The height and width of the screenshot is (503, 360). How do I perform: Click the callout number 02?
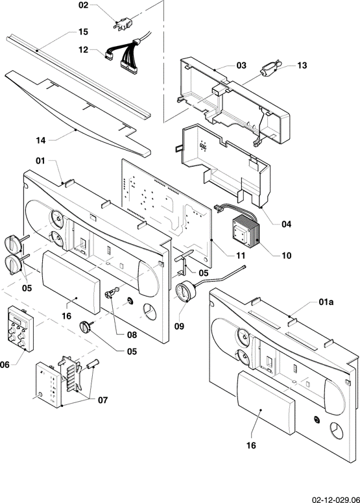click(x=83, y=5)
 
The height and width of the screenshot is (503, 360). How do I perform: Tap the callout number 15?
click(x=83, y=32)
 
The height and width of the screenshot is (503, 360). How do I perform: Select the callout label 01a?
click(x=326, y=302)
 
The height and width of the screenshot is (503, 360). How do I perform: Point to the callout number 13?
click(x=302, y=66)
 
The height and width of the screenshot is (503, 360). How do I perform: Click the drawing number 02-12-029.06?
click(x=335, y=500)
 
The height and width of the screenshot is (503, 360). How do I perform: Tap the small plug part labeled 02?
click(x=123, y=24)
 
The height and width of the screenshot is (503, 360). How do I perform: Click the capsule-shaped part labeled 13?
click(x=270, y=69)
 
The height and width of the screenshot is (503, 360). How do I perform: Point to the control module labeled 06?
click(x=21, y=328)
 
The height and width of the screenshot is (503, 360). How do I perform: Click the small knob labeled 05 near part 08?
click(x=86, y=326)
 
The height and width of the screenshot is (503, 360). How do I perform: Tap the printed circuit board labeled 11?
click(x=166, y=213)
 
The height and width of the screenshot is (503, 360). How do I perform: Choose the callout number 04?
click(x=286, y=224)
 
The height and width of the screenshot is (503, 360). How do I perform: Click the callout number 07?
click(x=102, y=400)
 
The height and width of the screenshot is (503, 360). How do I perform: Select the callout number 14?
click(x=41, y=140)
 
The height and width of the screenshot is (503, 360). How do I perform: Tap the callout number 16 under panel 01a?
click(x=251, y=445)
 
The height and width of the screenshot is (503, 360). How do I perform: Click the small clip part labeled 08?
click(x=112, y=293)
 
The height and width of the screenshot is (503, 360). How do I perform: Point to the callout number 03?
click(x=241, y=66)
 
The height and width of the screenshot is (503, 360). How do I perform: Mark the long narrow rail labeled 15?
click(x=78, y=77)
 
